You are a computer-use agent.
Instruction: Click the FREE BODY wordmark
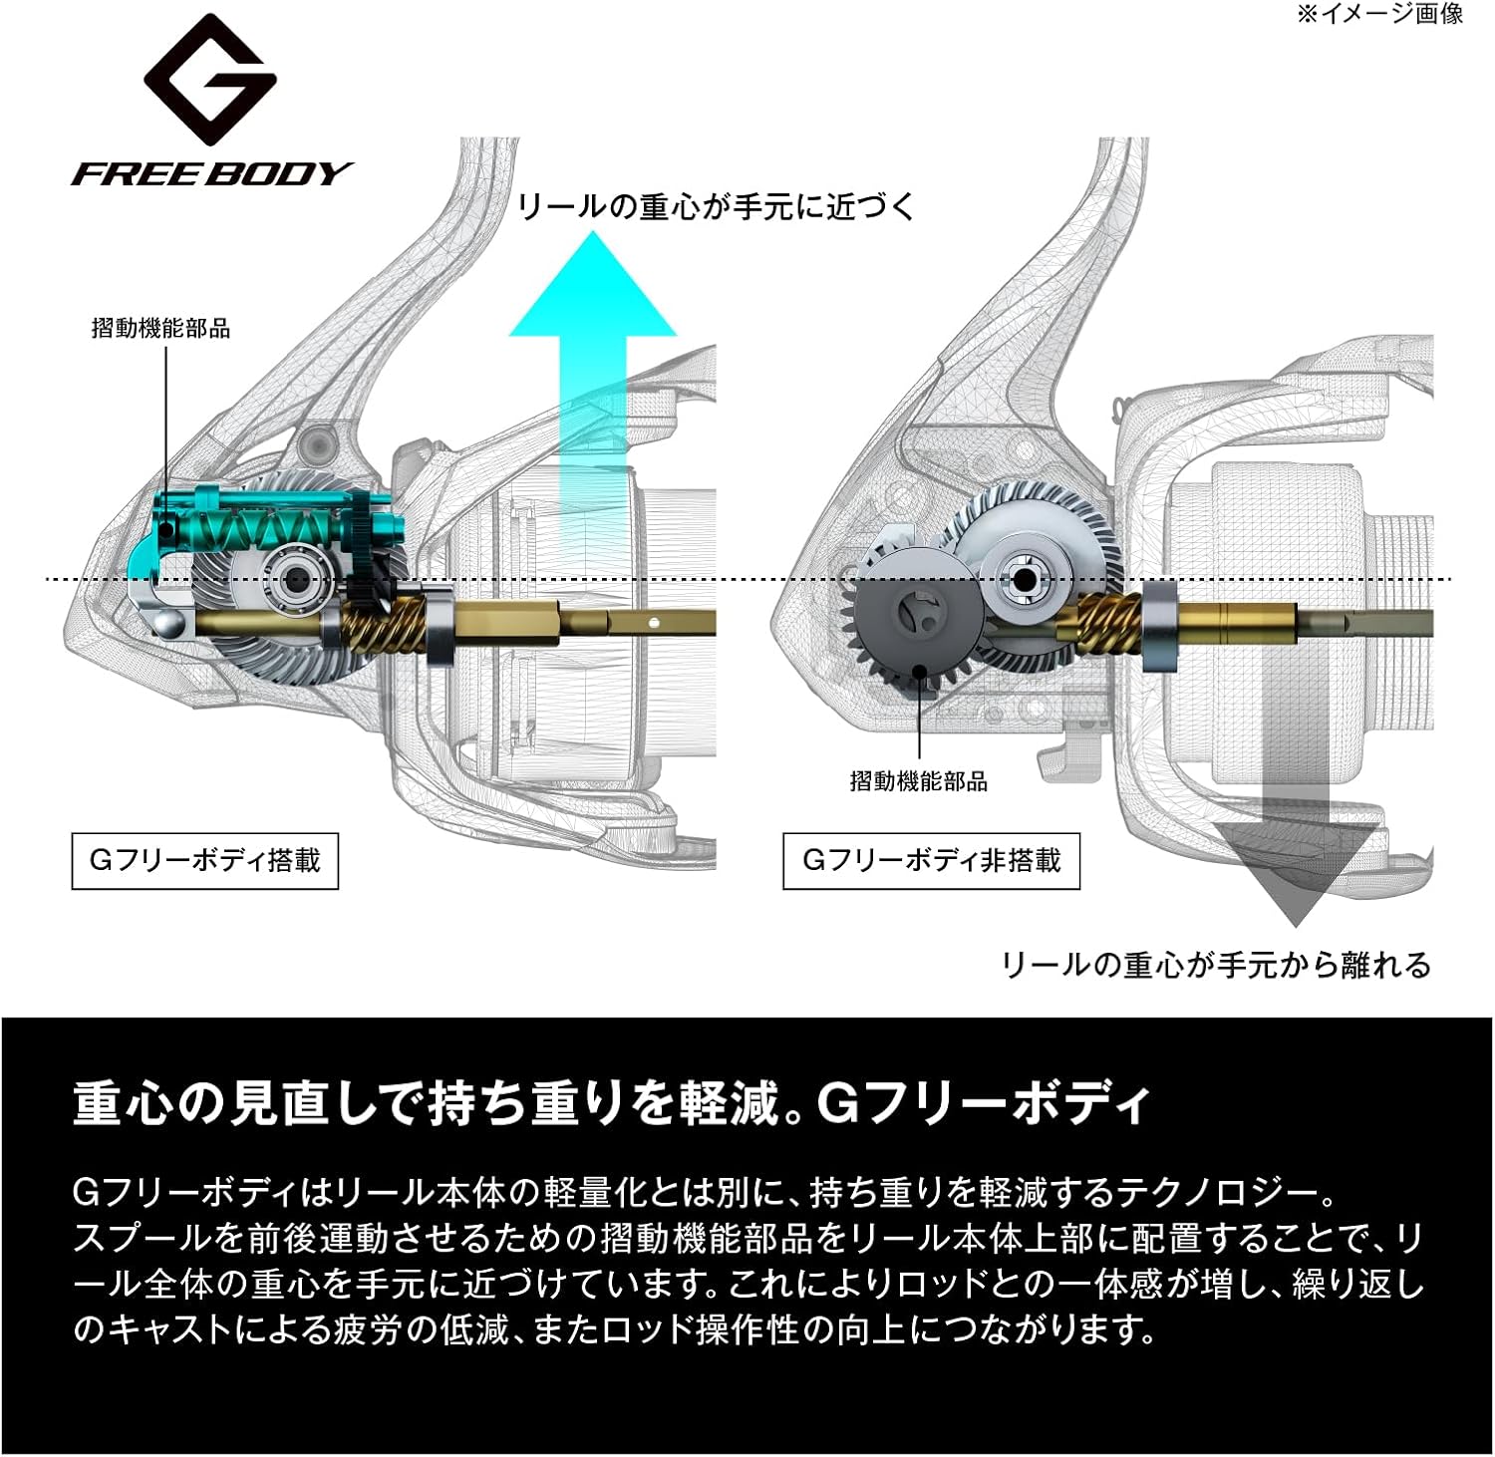tap(211, 174)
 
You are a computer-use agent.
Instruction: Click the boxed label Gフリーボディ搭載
tap(205, 860)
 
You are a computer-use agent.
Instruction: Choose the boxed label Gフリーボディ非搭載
tap(931, 860)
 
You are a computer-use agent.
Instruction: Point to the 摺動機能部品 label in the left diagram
tap(160, 328)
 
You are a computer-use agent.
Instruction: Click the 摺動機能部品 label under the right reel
tap(918, 781)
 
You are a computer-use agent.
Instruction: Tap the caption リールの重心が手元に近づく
tap(716, 207)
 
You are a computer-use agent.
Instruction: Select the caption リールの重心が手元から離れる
tap(1215, 965)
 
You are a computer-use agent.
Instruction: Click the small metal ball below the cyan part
tap(169, 625)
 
